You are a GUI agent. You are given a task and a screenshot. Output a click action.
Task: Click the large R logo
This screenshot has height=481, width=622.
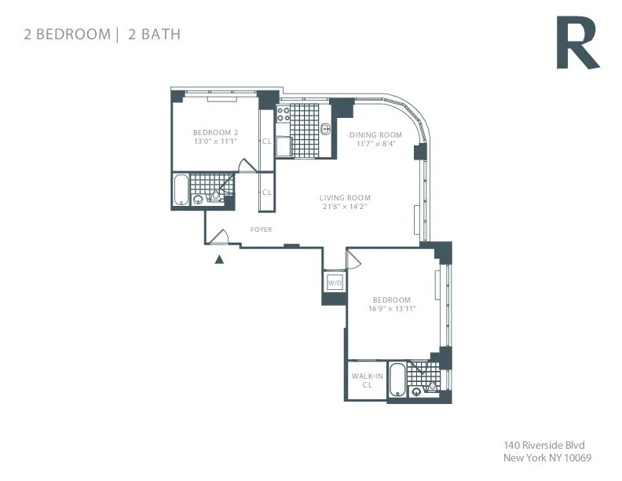pyautogui.click(x=577, y=45)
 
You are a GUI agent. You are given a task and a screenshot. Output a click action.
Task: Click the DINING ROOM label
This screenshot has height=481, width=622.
pyautogui.click(x=375, y=134)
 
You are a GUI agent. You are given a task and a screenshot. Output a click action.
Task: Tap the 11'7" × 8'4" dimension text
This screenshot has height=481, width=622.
pyautogui.click(x=375, y=144)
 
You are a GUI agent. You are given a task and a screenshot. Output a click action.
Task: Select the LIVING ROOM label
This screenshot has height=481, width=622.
pyautogui.click(x=345, y=197)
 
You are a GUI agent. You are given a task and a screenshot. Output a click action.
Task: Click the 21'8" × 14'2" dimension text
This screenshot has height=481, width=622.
pyautogui.click(x=345, y=207)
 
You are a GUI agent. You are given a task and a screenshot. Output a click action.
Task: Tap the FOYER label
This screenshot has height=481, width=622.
pyautogui.click(x=261, y=229)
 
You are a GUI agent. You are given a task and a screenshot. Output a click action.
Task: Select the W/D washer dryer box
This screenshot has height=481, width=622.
pyautogui.click(x=335, y=282)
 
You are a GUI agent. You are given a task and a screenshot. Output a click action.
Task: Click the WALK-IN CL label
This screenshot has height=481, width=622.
pyautogui.click(x=367, y=381)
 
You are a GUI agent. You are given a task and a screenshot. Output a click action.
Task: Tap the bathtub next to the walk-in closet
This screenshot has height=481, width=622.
pyautogui.click(x=397, y=380)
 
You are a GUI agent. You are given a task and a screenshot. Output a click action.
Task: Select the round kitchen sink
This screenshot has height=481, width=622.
pyautogui.click(x=326, y=130)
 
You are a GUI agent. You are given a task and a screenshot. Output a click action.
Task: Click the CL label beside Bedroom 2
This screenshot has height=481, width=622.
pyautogui.click(x=266, y=141)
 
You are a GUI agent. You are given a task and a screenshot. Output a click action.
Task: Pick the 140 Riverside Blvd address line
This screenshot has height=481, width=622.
pyautogui.click(x=543, y=445)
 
